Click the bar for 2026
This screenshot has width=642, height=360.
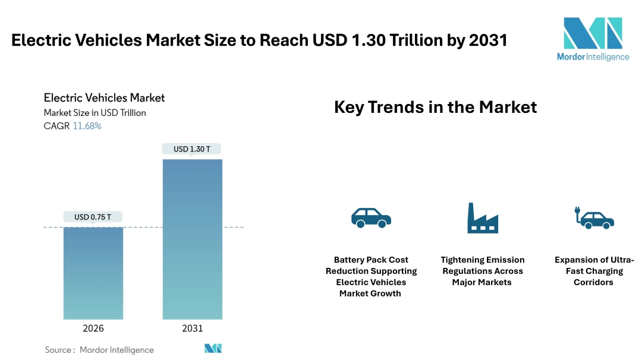click(x=93, y=273)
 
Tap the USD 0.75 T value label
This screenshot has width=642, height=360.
click(x=93, y=217)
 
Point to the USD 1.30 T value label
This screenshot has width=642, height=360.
click(x=192, y=149)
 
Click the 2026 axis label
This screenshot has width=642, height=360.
click(x=93, y=329)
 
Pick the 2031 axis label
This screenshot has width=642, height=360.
click(x=192, y=329)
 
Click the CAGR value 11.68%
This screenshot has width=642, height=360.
click(x=87, y=126)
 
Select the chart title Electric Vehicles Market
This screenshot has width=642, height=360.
click(x=105, y=97)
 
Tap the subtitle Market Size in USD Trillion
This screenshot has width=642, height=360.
click(x=95, y=112)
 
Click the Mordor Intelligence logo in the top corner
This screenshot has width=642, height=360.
click(x=593, y=39)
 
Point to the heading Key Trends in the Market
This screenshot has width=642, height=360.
click(x=435, y=107)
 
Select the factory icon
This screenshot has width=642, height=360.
click(x=482, y=218)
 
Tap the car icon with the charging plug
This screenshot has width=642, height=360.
click(x=594, y=218)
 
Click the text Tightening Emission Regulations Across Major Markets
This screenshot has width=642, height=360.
click(x=482, y=271)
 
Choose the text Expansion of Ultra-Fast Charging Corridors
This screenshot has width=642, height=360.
click(x=594, y=271)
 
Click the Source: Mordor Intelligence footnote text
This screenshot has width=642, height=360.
click(x=99, y=350)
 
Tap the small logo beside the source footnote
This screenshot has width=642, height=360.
click(x=213, y=349)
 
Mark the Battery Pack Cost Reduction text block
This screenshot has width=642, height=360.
click(x=371, y=276)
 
